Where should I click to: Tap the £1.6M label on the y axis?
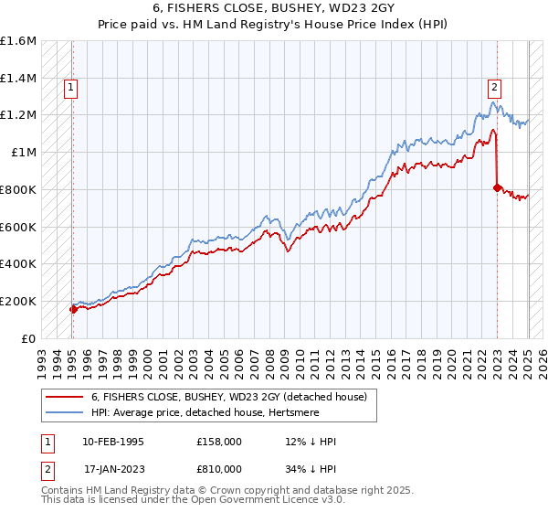(18, 41)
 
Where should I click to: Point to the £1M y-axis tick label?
(24, 153)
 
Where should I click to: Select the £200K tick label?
(18, 301)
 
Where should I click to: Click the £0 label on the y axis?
(28, 338)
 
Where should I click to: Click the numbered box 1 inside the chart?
(70, 89)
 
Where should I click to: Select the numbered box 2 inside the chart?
(494, 88)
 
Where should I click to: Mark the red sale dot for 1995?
(73, 309)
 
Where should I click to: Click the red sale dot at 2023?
(497, 188)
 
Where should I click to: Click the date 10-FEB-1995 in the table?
(113, 442)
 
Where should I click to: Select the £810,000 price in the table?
(219, 468)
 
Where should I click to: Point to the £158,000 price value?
(219, 442)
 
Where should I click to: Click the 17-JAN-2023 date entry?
(113, 468)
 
